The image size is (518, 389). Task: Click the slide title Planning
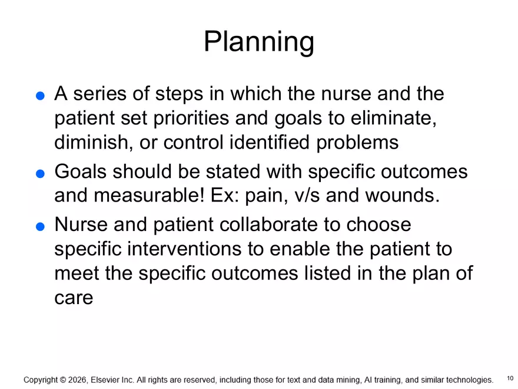(258, 42)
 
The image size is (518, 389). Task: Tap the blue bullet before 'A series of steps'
(40, 97)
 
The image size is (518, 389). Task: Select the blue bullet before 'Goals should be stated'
(40, 174)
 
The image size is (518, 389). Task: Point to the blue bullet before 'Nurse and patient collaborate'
(40, 227)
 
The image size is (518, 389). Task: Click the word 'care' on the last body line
(74, 298)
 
